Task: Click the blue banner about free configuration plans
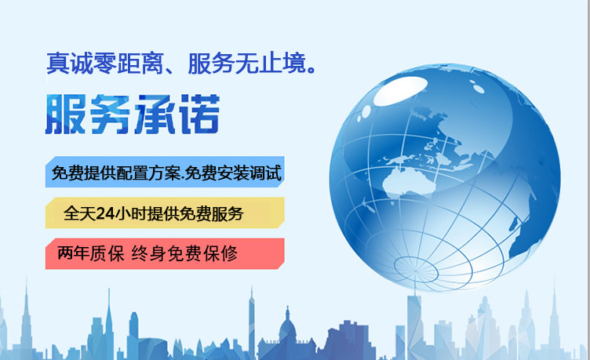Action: click(x=165, y=173)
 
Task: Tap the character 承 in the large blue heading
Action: click(x=155, y=114)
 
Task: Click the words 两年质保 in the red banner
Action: click(x=91, y=253)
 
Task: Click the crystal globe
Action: click(x=444, y=176)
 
